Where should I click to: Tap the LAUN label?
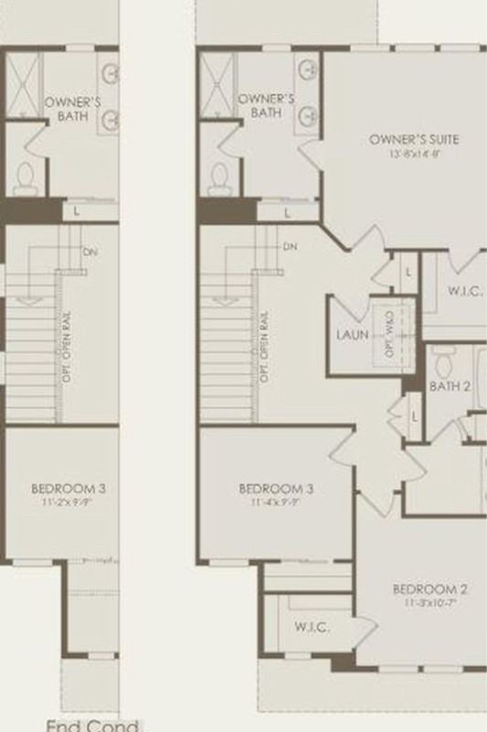pos(352,335)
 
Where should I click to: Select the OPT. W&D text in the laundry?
pos(388,334)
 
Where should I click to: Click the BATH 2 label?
pos(450,387)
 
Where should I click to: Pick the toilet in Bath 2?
pos(445,363)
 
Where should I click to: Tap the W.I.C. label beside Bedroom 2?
pos(312,628)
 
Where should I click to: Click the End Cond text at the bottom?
pos(94,726)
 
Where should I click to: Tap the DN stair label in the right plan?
pos(290,247)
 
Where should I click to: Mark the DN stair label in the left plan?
pos(90,252)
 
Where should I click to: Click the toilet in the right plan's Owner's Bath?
pos(219,178)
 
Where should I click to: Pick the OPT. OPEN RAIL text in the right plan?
pos(265,348)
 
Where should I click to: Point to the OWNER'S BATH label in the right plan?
pos(265,105)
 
